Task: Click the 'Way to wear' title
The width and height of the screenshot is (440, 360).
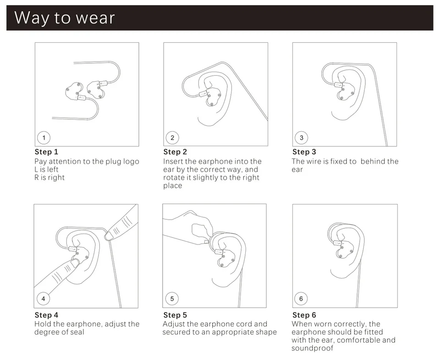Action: [65, 18]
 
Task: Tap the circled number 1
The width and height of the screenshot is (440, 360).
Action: [44, 138]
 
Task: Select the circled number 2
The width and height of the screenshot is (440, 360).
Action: [172, 138]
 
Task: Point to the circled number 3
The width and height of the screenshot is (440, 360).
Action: [302, 138]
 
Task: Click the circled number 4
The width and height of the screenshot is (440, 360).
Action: [43, 299]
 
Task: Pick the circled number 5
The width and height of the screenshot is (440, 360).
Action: [172, 299]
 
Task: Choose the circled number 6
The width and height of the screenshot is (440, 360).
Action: [301, 299]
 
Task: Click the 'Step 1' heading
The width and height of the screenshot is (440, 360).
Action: [46, 152]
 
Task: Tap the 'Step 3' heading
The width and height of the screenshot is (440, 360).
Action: [304, 152]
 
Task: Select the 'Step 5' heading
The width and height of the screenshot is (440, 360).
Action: [175, 315]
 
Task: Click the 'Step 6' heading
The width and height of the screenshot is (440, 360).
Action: [304, 315]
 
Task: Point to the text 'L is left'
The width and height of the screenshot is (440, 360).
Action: [46, 169]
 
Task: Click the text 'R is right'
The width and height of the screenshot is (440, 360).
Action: [49, 177]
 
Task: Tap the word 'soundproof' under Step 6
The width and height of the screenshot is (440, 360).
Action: [312, 349]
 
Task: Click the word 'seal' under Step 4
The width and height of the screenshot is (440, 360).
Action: [77, 332]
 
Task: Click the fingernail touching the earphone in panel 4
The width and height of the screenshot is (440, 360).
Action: [75, 263]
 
